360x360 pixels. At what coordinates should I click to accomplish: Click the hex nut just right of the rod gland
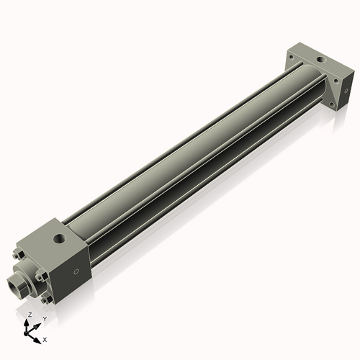(x=45, y=277)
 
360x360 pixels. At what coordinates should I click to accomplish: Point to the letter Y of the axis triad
(x=44, y=318)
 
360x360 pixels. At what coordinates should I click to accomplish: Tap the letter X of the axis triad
(x=45, y=338)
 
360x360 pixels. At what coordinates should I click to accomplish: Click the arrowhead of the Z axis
(x=28, y=323)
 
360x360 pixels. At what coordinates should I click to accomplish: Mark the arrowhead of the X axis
(x=37, y=336)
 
